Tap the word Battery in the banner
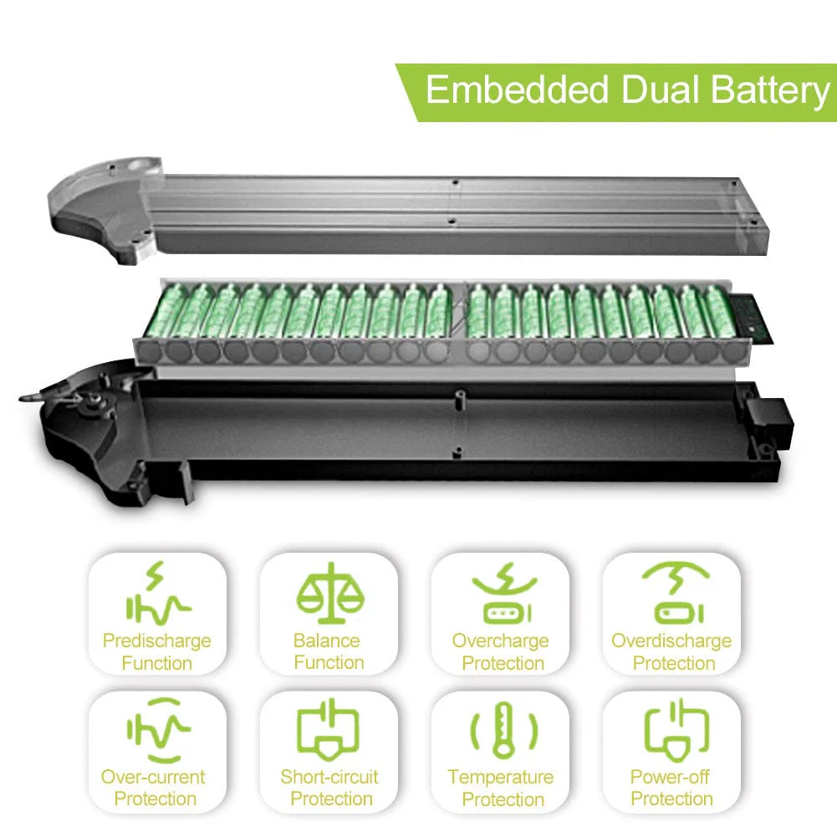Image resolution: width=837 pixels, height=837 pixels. pyautogui.click(x=770, y=92)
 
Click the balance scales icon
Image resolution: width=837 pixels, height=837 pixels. pyautogui.click(x=330, y=593)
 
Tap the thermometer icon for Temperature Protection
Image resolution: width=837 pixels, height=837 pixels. pyautogui.click(x=503, y=729)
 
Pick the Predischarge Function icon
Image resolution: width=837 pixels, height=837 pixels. pyautogui.click(x=158, y=593)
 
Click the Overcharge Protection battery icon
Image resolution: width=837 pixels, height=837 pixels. pyautogui.click(x=503, y=593)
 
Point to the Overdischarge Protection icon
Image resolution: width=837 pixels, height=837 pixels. pyautogui.click(x=676, y=593)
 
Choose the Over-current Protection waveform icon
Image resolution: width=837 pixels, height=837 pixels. pyautogui.click(x=158, y=730)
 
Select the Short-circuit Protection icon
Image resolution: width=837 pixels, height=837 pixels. pyautogui.click(x=329, y=730)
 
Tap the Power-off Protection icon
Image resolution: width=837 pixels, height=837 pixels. pyautogui.click(x=676, y=730)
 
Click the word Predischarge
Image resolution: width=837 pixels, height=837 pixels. pyautogui.click(x=157, y=641)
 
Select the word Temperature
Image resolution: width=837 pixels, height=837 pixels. pyautogui.click(x=501, y=778)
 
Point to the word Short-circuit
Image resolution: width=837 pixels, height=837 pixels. pyautogui.click(x=329, y=777)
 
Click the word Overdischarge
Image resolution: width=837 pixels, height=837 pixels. pyautogui.click(x=671, y=641)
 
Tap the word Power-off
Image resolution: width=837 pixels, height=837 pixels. pyautogui.click(x=670, y=777)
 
